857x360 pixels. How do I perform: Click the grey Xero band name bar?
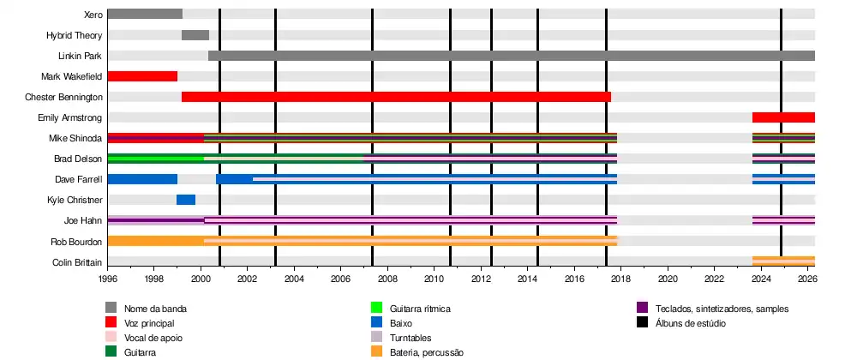coord(145,14)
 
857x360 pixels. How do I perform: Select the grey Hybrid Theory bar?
coord(195,35)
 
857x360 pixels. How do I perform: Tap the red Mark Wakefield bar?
coord(142,76)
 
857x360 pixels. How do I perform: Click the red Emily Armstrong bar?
coord(783,117)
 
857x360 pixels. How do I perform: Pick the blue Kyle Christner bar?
coord(186,200)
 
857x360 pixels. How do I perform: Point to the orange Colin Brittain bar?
coord(783,261)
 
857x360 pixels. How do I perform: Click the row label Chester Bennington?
coord(63,97)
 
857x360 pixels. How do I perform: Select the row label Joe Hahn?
coord(84,220)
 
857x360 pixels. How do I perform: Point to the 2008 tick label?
coord(387,279)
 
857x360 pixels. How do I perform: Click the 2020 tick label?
coord(668,279)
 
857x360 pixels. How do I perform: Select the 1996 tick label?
coord(108,279)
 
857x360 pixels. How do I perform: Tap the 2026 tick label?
coord(807,279)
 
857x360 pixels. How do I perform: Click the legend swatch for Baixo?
coord(375,322)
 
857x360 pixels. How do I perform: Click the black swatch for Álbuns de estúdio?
coord(642,322)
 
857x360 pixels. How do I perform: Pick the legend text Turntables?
coord(411,338)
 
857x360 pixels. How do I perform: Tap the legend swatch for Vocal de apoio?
coord(111,338)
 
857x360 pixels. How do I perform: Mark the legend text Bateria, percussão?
coord(427,352)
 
